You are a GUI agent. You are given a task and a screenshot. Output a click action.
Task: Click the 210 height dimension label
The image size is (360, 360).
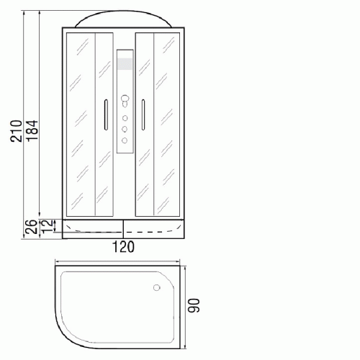tap(17, 131)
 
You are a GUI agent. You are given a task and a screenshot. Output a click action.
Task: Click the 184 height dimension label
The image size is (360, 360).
tap(32, 131)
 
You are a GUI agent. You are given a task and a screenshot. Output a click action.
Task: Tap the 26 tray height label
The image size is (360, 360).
tap(32, 227)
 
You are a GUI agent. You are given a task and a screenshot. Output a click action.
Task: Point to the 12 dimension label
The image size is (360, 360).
tap(47, 226)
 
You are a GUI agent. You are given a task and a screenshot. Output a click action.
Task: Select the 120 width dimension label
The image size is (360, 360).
tap(123, 247)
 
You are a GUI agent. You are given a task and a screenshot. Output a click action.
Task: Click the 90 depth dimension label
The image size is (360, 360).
tap(194, 305)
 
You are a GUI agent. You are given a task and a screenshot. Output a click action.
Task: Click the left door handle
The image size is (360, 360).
tap(106, 114)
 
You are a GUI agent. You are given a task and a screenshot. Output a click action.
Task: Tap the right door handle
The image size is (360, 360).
tap(143, 114)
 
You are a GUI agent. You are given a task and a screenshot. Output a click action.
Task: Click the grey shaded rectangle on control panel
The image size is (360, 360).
tap(125, 64)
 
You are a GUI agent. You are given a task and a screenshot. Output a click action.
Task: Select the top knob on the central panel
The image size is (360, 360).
tap(125, 100)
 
